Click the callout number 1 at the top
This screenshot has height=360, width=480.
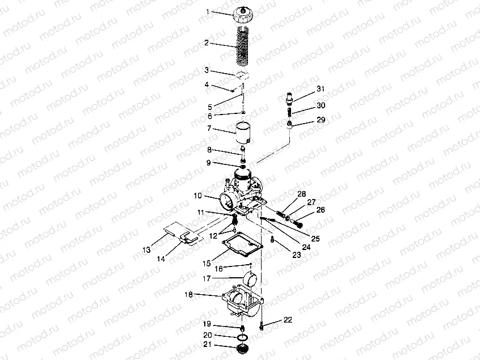point(208,12)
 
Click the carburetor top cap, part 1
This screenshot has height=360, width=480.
point(243,15)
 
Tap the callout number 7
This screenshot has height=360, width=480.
point(209,128)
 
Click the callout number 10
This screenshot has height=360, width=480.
point(198,196)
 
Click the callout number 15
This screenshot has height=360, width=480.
point(207,264)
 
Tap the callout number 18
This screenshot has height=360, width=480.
point(188,295)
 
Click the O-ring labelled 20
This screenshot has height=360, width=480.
point(243,337)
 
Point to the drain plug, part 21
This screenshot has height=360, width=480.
point(242,349)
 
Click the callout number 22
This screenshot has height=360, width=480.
point(288,320)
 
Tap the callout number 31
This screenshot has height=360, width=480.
point(321,88)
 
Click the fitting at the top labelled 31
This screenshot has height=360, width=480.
point(289,98)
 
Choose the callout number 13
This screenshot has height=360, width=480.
point(146,250)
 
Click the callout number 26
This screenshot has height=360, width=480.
point(321,210)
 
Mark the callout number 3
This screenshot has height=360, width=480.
point(207,70)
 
